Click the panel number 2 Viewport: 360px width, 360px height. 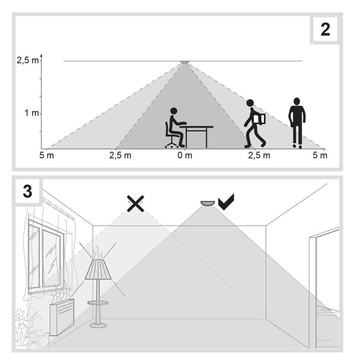(325, 30)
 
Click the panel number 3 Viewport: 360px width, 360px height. (27, 191)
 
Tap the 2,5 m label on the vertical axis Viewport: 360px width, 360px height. (27, 60)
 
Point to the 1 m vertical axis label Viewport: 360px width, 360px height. (32, 113)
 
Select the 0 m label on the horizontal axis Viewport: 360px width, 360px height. (185, 156)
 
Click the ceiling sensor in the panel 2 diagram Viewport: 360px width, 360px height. (184, 62)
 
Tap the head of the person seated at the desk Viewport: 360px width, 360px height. (174, 111)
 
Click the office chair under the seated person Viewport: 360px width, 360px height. (171, 135)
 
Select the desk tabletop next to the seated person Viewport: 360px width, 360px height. (196, 127)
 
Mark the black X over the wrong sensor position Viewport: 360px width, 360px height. (135, 204)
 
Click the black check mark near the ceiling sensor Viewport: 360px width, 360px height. (226, 202)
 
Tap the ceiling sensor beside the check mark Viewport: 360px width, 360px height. (207, 203)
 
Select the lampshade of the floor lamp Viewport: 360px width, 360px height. (98, 269)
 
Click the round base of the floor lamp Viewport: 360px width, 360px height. (98, 325)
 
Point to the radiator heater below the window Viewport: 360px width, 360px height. (62, 317)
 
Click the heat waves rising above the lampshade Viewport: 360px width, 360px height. (98, 252)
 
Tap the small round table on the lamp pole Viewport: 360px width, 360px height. (98, 303)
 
